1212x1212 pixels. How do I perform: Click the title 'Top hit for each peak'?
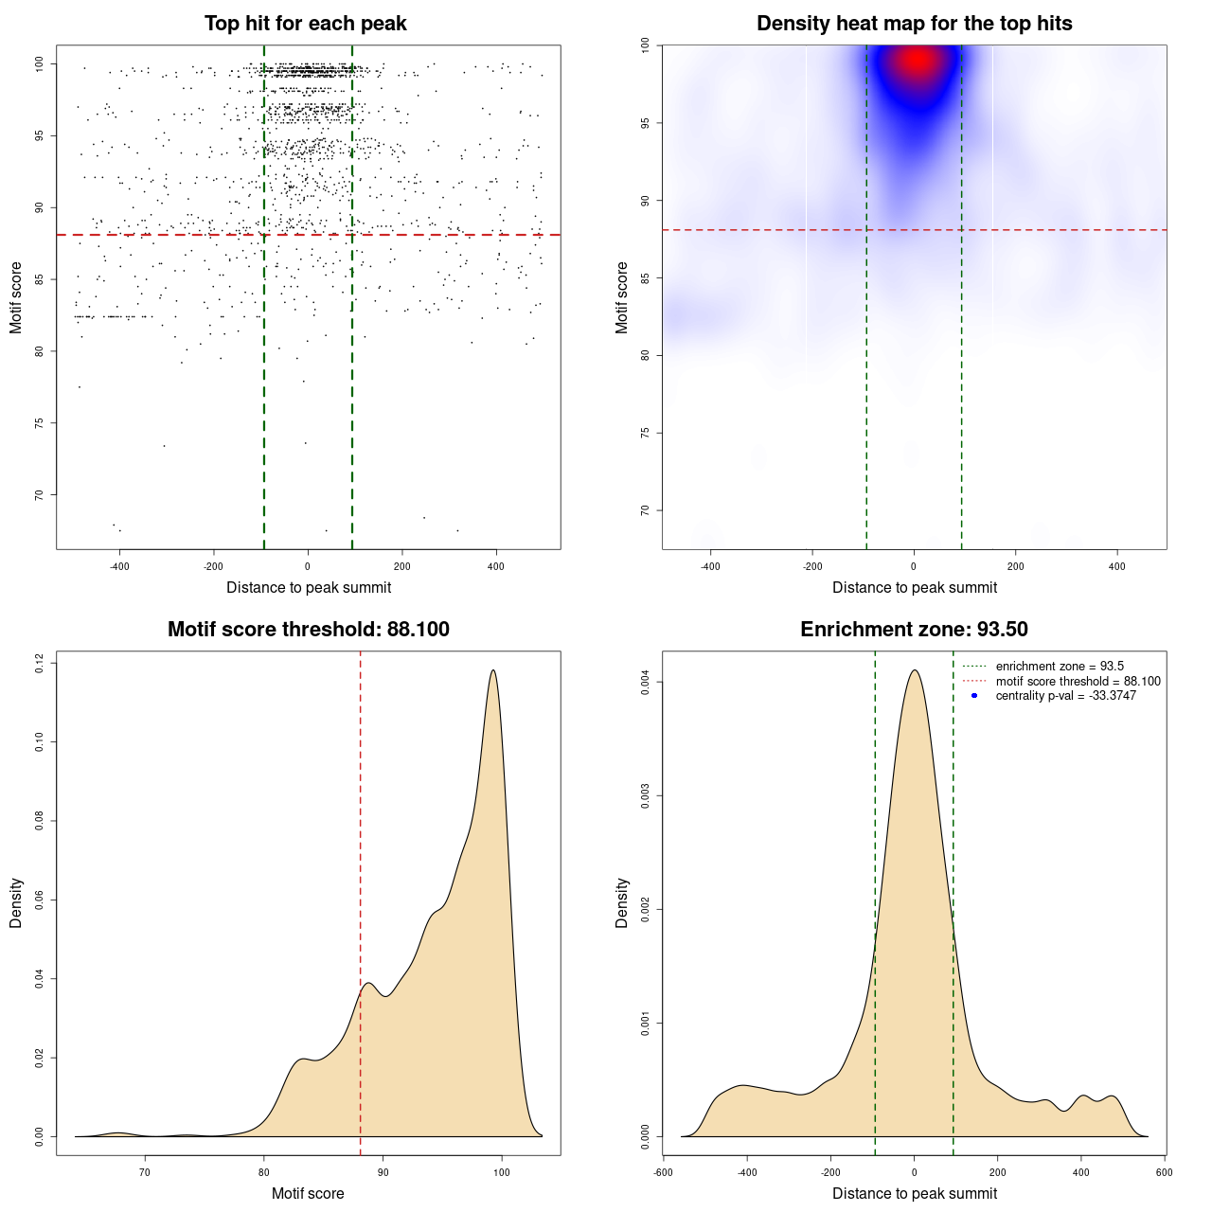point(305,24)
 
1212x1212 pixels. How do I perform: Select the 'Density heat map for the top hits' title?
point(914,24)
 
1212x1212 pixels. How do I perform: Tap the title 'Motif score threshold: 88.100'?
point(308,630)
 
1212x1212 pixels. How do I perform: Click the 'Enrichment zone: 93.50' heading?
point(914,630)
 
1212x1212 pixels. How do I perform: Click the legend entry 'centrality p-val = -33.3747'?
point(1065,696)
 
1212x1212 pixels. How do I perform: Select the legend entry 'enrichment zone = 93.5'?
point(1060,667)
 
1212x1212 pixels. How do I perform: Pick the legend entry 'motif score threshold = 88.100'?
point(1078,682)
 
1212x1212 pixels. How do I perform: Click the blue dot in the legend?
point(974,696)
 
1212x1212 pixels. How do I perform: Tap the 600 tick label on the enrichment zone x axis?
point(1164,1172)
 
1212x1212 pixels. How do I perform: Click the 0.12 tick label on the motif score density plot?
point(40,664)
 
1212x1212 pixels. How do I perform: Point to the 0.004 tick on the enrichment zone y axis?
point(646,682)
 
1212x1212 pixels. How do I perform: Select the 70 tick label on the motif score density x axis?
point(145,1172)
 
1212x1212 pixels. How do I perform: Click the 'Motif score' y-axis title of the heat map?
point(622,297)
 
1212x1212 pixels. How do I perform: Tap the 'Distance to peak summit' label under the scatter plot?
point(309,588)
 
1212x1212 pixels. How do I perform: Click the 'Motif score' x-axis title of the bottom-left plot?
point(308,1194)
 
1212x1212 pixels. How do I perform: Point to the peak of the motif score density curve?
point(492,670)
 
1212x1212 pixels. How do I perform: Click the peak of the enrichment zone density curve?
point(914,670)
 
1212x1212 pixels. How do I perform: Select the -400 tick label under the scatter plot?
point(118,566)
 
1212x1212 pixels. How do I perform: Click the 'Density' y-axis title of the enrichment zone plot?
point(622,902)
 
